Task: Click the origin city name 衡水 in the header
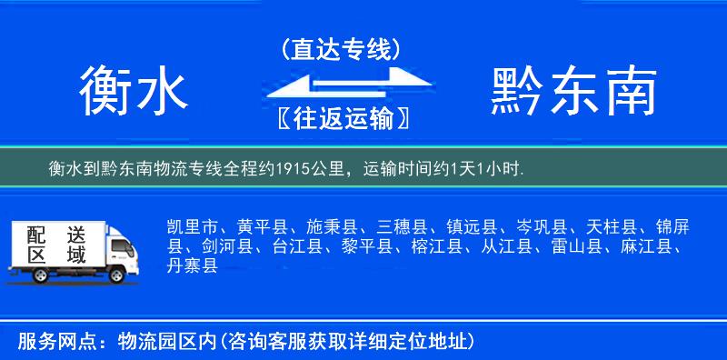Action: [x=134, y=91]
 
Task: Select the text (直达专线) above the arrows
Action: [x=341, y=48]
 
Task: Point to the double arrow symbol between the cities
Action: [x=341, y=84]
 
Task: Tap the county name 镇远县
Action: [x=472, y=226]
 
